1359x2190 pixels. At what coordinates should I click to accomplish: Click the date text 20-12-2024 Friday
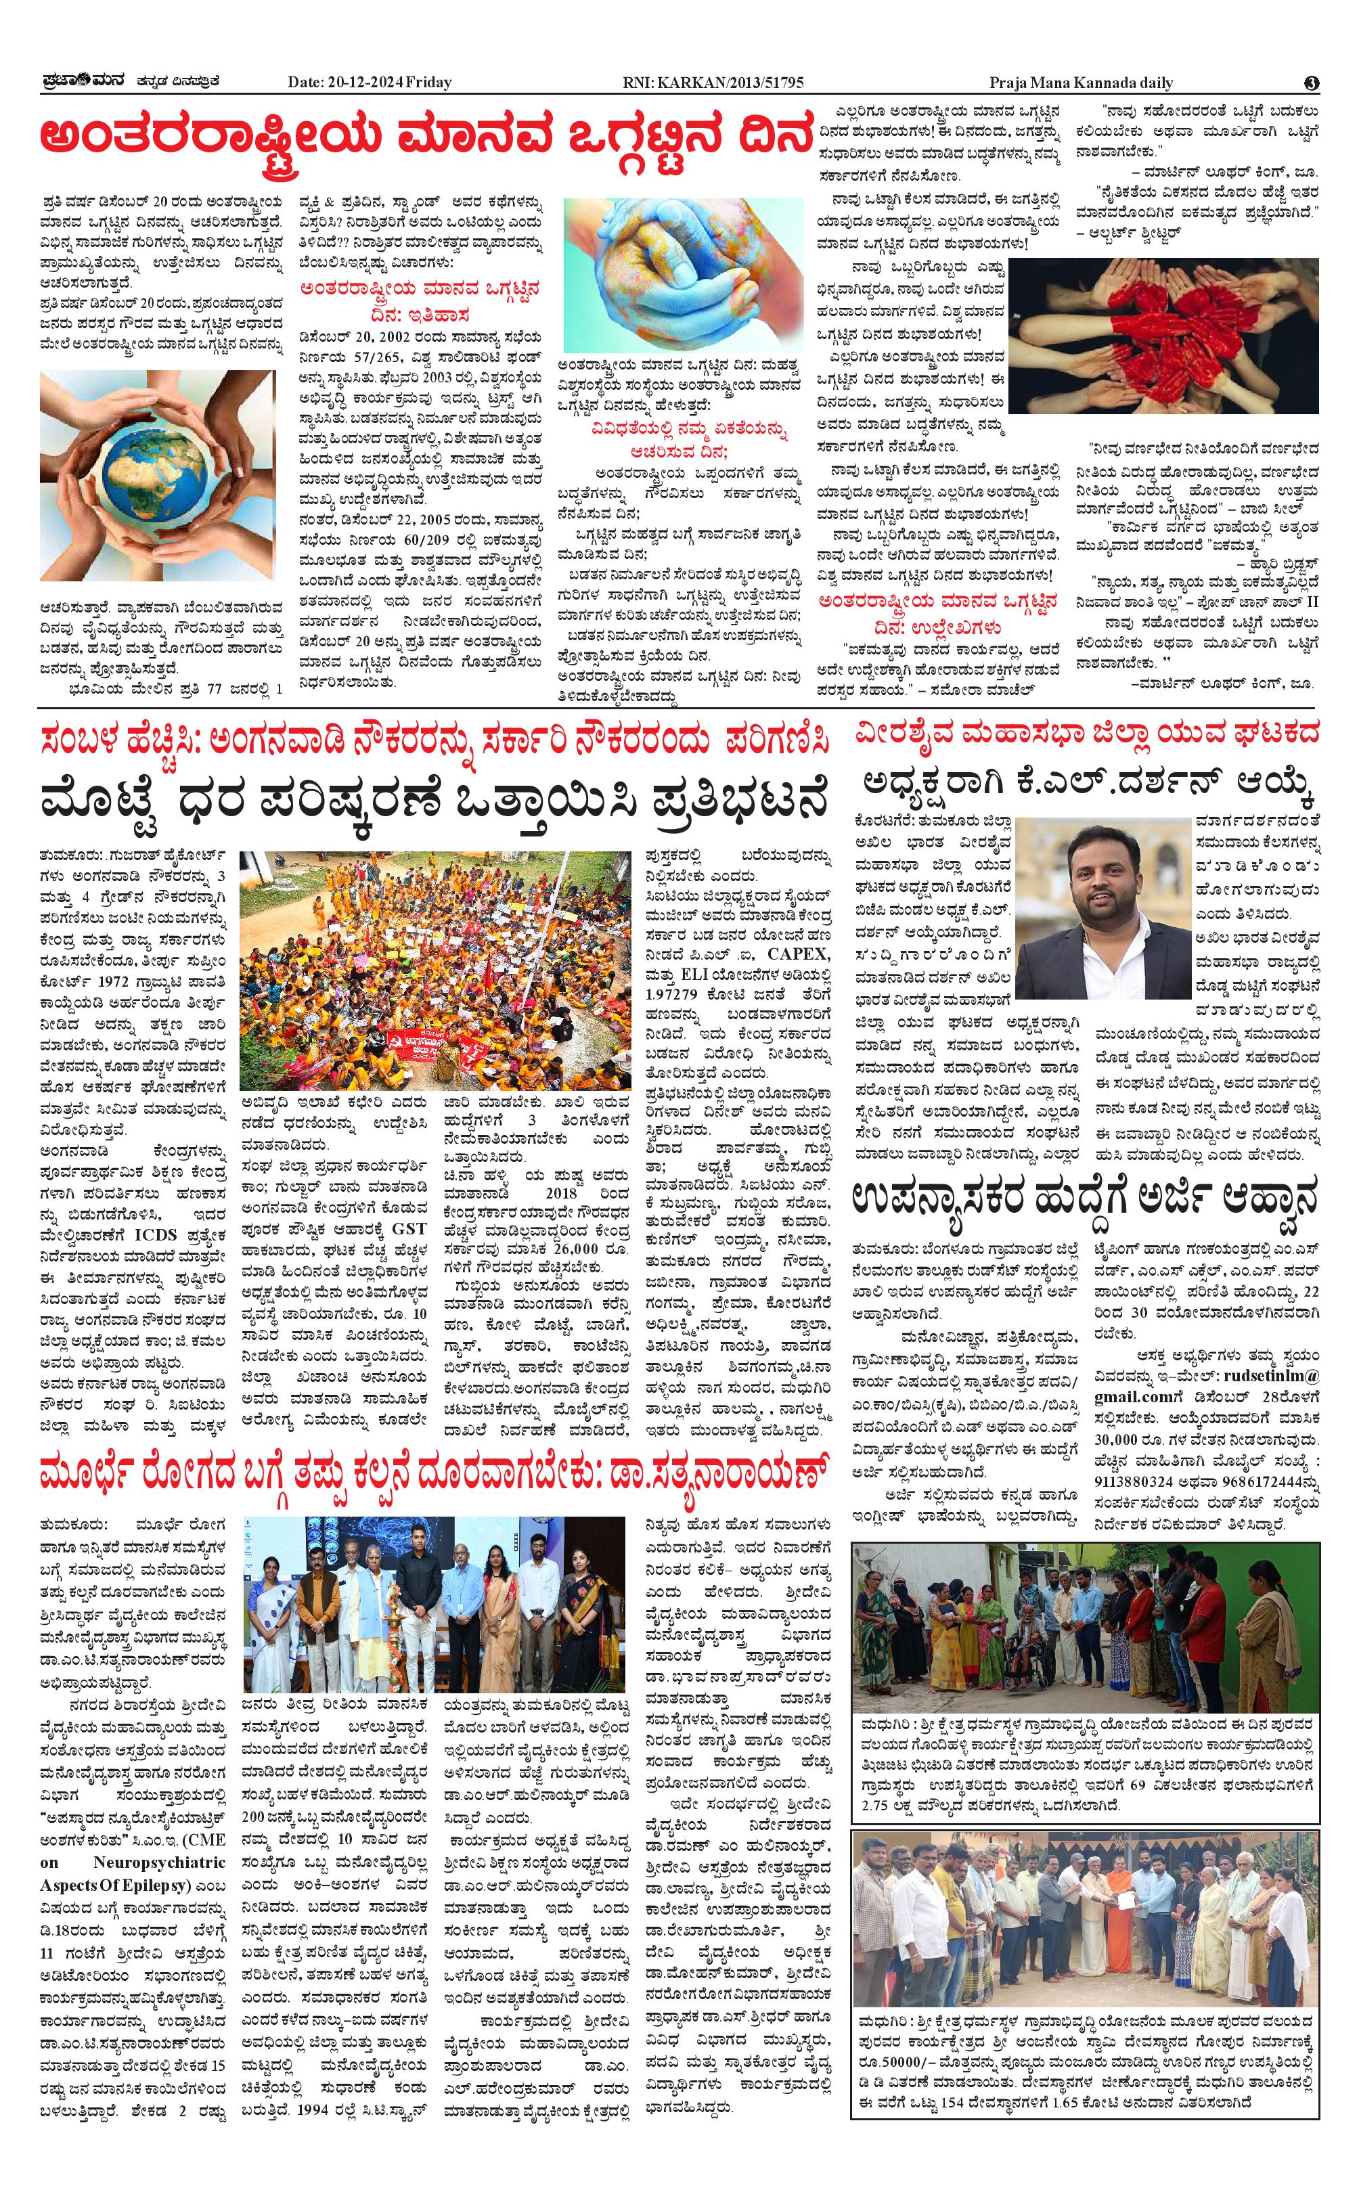click(370, 83)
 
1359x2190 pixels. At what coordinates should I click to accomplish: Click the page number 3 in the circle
click(1312, 83)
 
